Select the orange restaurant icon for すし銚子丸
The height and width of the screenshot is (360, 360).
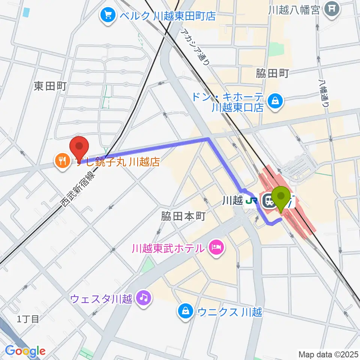point(62,162)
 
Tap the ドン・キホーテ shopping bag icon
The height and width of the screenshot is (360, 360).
point(276,100)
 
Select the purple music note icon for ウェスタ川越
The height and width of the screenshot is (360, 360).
point(144,298)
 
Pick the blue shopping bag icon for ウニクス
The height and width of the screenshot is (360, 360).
point(185,311)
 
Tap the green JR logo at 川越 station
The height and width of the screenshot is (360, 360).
point(251,201)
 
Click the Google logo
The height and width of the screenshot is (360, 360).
point(25,351)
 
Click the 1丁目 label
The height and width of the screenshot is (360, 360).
point(28,319)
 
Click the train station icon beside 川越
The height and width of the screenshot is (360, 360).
point(269,201)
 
